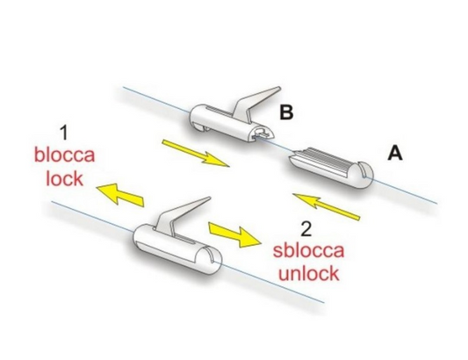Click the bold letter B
point(286,112)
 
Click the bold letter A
point(395,154)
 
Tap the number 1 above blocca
point(64,133)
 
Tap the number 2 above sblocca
point(306,229)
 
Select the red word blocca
point(64,155)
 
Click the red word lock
point(64,178)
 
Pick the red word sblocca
point(308,250)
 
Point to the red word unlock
point(308,273)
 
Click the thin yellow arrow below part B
point(196,153)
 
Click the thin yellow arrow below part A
point(327,206)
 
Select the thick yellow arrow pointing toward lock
point(120,194)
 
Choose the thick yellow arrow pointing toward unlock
point(235,234)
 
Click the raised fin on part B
point(255,104)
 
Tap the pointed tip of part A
point(290,156)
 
